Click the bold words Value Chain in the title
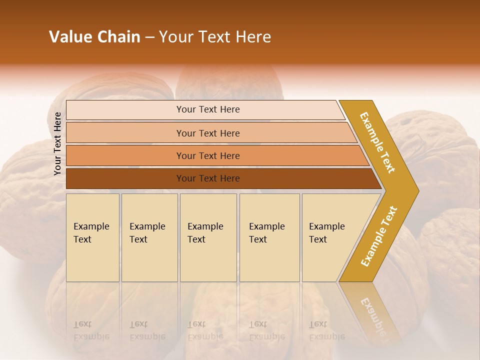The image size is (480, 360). tap(94, 37)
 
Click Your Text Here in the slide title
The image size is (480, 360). tap(215, 37)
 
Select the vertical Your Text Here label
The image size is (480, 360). tap(57, 143)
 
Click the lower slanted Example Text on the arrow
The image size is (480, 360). tap(379, 236)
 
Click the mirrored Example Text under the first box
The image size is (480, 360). tap(91, 330)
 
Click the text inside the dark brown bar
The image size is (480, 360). tap(208, 178)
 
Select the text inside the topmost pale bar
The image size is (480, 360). tap(208, 109)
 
